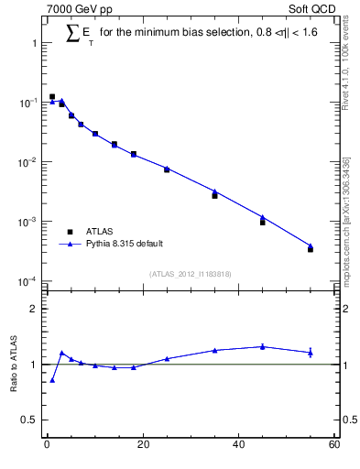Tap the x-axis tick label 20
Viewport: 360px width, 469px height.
coord(142,445)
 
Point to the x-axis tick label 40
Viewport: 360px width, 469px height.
coord(238,445)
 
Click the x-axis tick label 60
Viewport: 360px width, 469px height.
coord(333,445)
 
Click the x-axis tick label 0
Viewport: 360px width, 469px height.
coord(47,445)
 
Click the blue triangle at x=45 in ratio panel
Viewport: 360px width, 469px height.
coord(263,346)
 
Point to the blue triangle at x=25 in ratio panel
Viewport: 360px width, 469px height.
coord(167,359)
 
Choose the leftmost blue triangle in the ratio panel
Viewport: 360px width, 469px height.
coord(52,380)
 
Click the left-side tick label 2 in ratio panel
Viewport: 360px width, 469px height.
coord(34,309)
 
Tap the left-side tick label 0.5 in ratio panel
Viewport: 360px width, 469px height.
coord(30,420)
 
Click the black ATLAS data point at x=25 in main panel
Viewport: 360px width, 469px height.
coord(167,169)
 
